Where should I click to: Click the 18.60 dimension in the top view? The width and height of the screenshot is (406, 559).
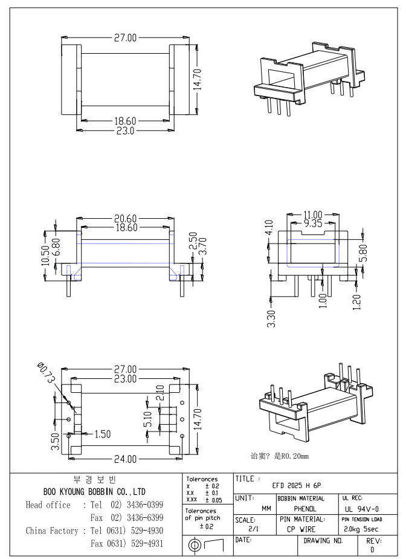pos(126,122)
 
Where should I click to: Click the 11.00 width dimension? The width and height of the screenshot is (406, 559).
pos(313,215)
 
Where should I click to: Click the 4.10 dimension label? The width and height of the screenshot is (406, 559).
pos(270,230)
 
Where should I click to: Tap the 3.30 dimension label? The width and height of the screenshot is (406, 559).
pos(271,317)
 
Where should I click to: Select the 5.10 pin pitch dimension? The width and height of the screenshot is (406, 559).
pos(148,418)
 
